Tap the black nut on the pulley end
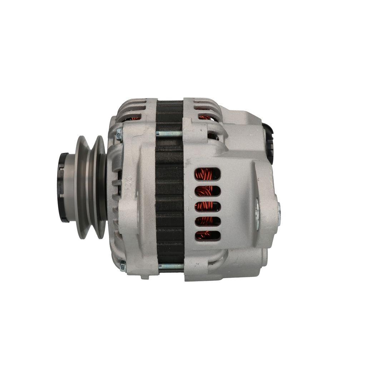coord(63,187)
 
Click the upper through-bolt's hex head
coord(119,134)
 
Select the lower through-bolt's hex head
coord(123,266)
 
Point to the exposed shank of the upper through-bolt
coord(169,134)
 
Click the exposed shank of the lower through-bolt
coord(171,266)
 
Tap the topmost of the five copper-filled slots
coord(207,174)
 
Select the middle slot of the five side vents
coord(207,206)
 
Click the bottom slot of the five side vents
coord(207,236)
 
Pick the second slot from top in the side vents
coord(207,191)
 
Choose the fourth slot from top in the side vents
coord(207,221)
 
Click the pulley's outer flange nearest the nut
coord(82,187)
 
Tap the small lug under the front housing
coord(145,277)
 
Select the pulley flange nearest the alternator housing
coord(100,187)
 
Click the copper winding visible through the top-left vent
coord(135,118)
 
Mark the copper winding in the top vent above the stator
coord(204,117)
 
